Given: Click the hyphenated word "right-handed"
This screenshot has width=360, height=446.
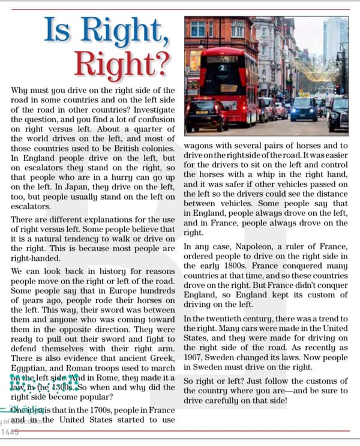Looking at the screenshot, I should (37, 258).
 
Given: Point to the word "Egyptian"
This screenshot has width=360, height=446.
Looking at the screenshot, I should (31, 366).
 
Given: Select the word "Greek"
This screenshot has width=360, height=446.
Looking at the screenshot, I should (160, 357).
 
